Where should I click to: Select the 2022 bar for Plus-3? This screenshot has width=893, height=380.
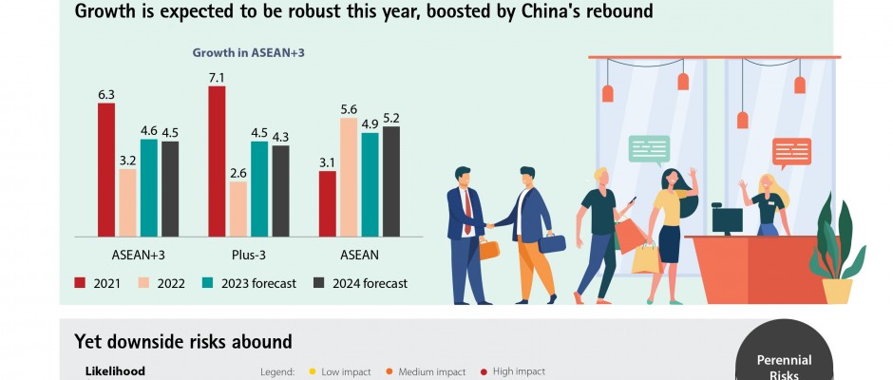coord(238,208)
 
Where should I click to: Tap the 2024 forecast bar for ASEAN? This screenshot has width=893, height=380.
coord(390,180)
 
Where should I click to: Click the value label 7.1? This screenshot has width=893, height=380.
coord(217,77)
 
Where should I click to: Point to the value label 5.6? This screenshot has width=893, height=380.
coord(349,109)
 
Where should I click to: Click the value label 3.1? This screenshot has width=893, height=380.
coord(328,162)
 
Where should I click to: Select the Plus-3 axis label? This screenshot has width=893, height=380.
coord(249,255)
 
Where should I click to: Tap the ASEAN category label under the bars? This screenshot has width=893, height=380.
coord(360,255)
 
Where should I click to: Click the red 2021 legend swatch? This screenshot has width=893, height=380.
coord(81,282)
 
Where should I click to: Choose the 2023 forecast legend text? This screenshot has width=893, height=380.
coord(258,283)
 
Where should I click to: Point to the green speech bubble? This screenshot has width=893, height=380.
coord(649,149)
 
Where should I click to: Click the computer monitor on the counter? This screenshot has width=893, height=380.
coord(728,220)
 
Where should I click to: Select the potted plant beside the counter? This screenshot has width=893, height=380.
coord(836,252)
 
